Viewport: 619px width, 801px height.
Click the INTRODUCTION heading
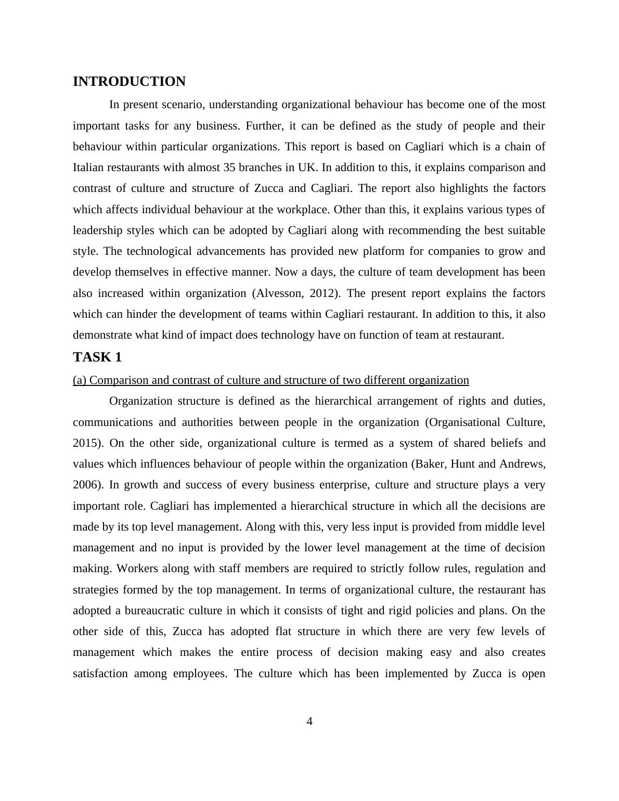point(129,82)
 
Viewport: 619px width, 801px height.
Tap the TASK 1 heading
point(97,357)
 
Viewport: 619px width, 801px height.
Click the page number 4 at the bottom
point(309,721)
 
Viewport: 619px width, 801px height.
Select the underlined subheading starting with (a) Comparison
point(270,380)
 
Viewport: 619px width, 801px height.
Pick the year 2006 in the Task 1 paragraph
point(87,485)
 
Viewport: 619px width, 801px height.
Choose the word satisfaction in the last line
point(99,674)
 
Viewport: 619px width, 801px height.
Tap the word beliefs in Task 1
point(499,443)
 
